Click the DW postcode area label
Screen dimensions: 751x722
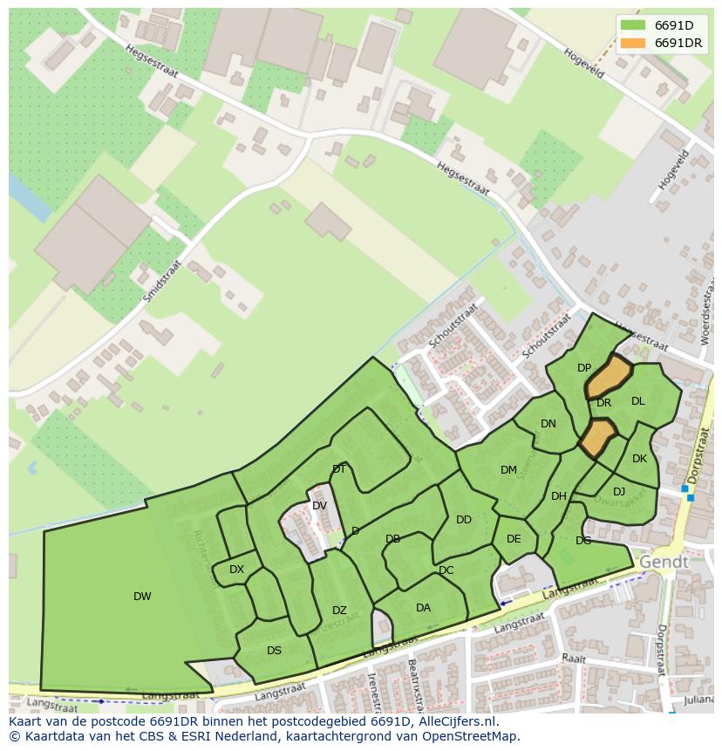142,597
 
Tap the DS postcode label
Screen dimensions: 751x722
274,651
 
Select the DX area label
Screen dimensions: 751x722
236,570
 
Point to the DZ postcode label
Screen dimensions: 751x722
339,611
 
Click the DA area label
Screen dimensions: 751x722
423,608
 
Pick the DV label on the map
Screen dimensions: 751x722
319,506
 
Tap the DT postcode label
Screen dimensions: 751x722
339,469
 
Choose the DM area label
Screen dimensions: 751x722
508,470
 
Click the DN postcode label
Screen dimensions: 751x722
548,424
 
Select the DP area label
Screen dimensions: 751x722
584,368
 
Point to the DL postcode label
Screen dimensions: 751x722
637,401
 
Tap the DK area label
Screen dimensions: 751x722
639,459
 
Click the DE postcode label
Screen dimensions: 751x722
514,539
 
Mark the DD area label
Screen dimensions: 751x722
464,520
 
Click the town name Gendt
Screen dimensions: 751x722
664,563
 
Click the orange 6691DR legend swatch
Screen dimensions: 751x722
633,44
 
